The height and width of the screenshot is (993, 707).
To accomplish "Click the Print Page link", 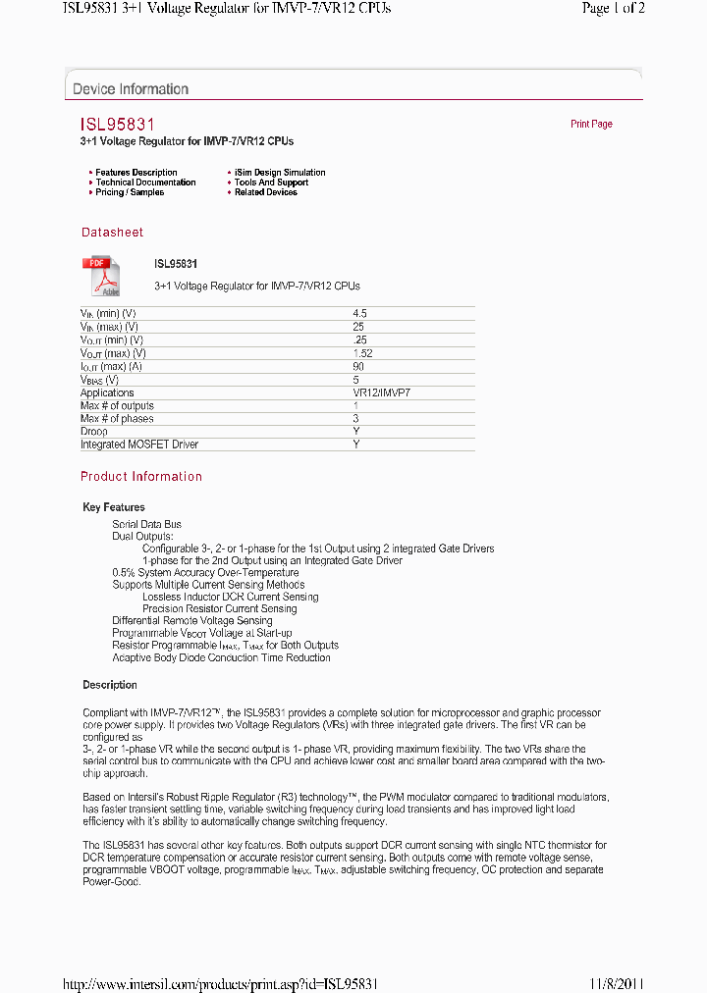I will coord(591,125).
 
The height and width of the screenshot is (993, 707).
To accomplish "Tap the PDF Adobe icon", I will coord(100,277).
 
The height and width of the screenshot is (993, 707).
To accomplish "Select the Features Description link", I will coord(136,173).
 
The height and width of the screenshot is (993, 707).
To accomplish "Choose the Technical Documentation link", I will coord(145,183).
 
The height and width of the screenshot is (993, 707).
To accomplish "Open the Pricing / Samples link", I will coord(130,192).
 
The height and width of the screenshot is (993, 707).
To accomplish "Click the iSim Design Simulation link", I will coord(280,173).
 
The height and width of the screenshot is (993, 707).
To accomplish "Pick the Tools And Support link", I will coord(271,183).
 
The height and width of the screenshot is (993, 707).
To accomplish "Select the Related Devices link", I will coord(265,192).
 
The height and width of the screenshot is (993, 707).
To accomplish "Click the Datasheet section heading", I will coord(112,233).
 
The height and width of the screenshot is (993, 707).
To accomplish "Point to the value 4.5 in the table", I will coord(359,313).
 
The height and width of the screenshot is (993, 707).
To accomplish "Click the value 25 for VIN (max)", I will coord(358,327).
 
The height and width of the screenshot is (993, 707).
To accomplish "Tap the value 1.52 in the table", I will coord(362,353).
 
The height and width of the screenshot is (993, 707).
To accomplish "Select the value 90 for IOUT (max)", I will coord(358,366).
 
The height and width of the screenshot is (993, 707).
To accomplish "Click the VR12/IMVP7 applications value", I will coord(381,392).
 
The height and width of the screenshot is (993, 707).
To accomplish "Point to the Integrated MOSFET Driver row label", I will coord(139,444).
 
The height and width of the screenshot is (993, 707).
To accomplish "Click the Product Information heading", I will coord(141,477).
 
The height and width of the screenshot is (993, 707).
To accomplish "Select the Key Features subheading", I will coord(114,507).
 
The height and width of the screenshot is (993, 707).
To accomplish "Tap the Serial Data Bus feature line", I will coord(146,525).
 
